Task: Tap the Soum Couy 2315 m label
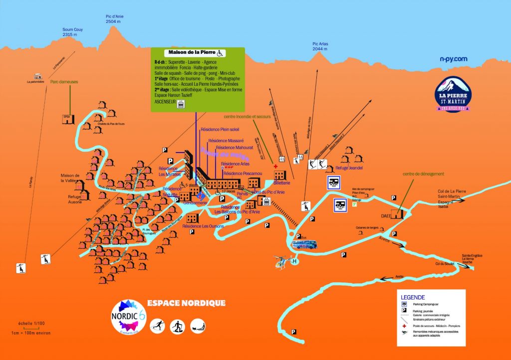pyautogui.click(x=72, y=32)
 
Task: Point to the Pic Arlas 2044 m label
pyautogui.click(x=320, y=46)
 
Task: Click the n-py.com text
pyautogui.click(x=453, y=59)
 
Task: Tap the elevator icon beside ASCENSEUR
pyautogui.click(x=182, y=103)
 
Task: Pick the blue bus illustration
pyautogui.click(x=303, y=244)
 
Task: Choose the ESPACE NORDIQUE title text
pyautogui.click(x=186, y=303)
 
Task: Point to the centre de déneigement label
pyautogui.click(x=424, y=174)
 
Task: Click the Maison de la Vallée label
pyautogui.click(x=70, y=178)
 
